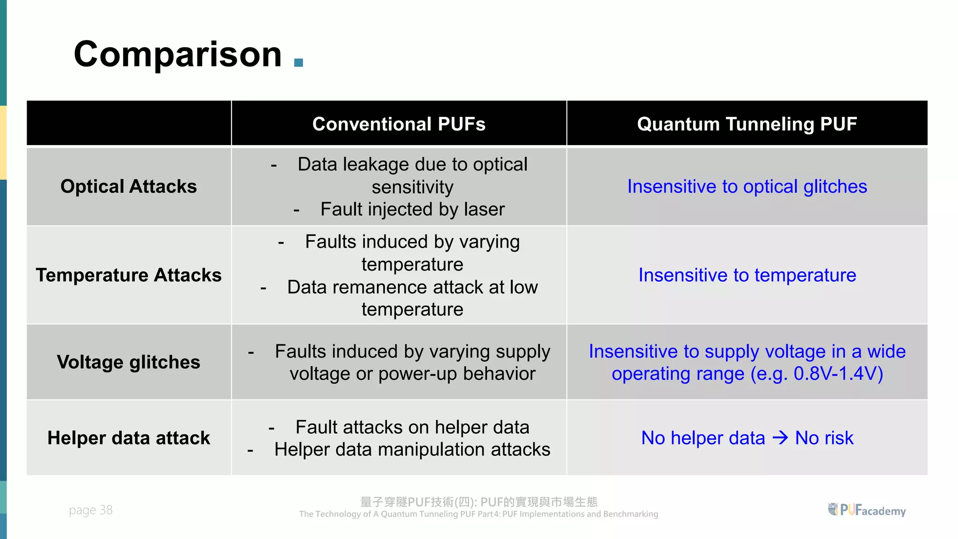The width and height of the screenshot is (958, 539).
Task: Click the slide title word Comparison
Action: [178, 55]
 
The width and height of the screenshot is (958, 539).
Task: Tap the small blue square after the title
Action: [298, 63]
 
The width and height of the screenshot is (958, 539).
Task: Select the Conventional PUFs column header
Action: [399, 124]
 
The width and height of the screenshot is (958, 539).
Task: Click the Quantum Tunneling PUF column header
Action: [747, 124]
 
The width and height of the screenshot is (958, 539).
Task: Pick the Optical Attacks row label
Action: [129, 186]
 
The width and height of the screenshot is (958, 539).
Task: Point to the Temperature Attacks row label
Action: [129, 275]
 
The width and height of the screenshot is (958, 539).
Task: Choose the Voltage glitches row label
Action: [129, 362]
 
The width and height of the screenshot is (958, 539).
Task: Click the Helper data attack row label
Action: [129, 438]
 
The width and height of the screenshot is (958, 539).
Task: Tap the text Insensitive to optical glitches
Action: [747, 186]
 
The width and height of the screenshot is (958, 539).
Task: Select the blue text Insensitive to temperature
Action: [747, 275]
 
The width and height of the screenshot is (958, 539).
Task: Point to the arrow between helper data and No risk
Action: [780, 438]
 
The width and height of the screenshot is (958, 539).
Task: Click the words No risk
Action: [824, 438]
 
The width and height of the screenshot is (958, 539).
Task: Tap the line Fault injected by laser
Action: [412, 209]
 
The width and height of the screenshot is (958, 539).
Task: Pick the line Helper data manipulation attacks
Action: [412, 449]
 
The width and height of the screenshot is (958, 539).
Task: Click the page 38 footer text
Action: [91, 510]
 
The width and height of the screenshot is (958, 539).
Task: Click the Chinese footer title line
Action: [479, 502]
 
